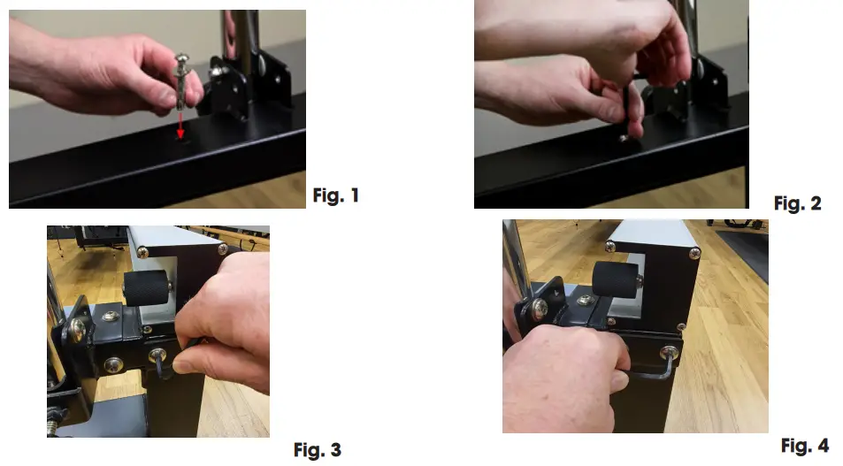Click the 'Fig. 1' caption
click(x=336, y=195)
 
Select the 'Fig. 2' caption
click(x=797, y=203)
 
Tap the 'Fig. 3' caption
click(x=318, y=450)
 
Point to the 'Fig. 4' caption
click(x=804, y=446)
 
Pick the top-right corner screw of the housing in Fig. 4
click(x=694, y=255)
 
